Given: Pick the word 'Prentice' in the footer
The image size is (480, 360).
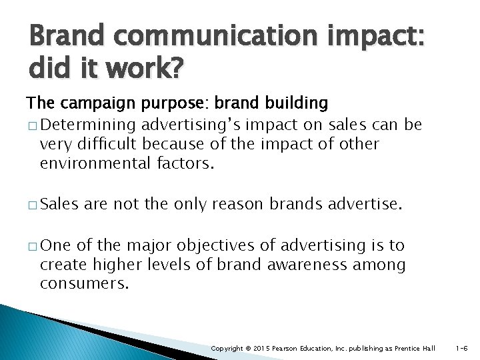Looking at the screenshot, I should coord(413,349).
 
